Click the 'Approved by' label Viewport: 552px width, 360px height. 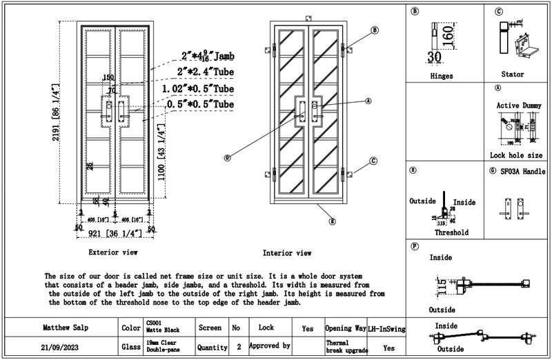point(269,343)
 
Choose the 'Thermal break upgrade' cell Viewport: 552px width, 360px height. point(341,347)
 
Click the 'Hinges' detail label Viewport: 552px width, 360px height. point(440,74)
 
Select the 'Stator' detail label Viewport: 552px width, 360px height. point(513,74)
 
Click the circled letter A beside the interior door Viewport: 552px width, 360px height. point(368,100)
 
